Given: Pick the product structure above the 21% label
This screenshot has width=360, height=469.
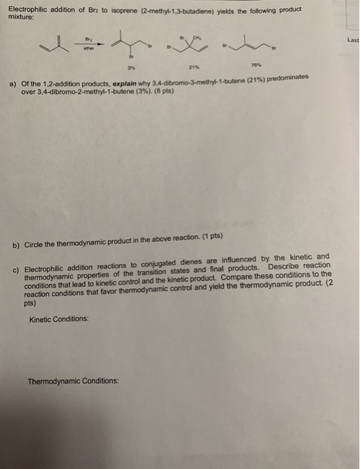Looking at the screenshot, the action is tap(190, 46).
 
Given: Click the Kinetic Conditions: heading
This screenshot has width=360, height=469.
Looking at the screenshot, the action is tap(59, 320).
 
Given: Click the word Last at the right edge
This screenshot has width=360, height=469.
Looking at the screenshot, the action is tap(353, 40).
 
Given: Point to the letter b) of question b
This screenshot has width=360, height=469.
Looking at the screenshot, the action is tap(16, 245).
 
